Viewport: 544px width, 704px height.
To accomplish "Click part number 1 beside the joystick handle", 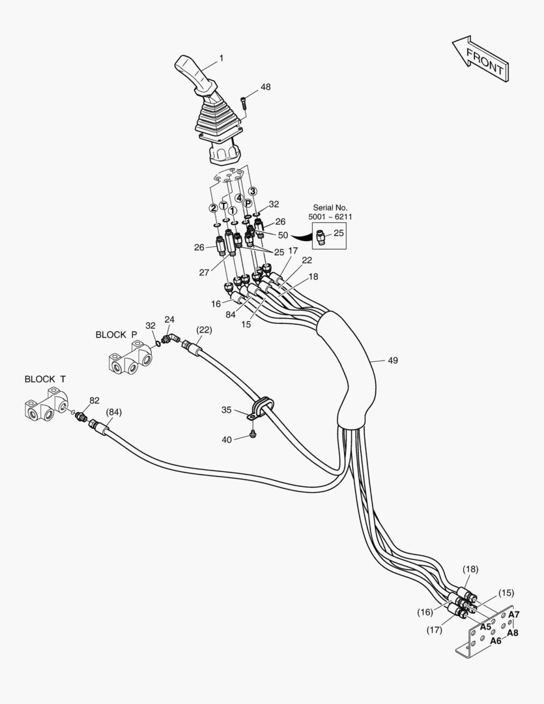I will pyautogui.click(x=221, y=58).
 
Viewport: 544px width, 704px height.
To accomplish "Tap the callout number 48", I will pyautogui.click(x=265, y=87).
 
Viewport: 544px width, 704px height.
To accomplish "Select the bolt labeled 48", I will pyautogui.click(x=244, y=102).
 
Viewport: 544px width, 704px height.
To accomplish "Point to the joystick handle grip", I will pyautogui.click(x=195, y=72).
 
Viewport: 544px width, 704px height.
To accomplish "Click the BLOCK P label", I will pyautogui.click(x=116, y=334).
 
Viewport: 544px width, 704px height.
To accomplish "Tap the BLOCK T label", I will pyautogui.click(x=45, y=379).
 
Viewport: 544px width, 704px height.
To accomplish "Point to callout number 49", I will pyautogui.click(x=392, y=360).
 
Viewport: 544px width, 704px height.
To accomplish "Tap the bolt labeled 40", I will pyautogui.click(x=254, y=433).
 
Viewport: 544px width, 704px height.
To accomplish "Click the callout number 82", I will pyautogui.click(x=94, y=400).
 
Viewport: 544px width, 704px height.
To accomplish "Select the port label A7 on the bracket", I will pyautogui.click(x=513, y=614).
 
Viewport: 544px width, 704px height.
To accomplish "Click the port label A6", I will pyautogui.click(x=496, y=641).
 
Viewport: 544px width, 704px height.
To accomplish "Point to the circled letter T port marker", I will pyautogui.click(x=223, y=206).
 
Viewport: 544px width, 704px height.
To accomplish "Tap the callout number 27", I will pyautogui.click(x=204, y=272).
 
